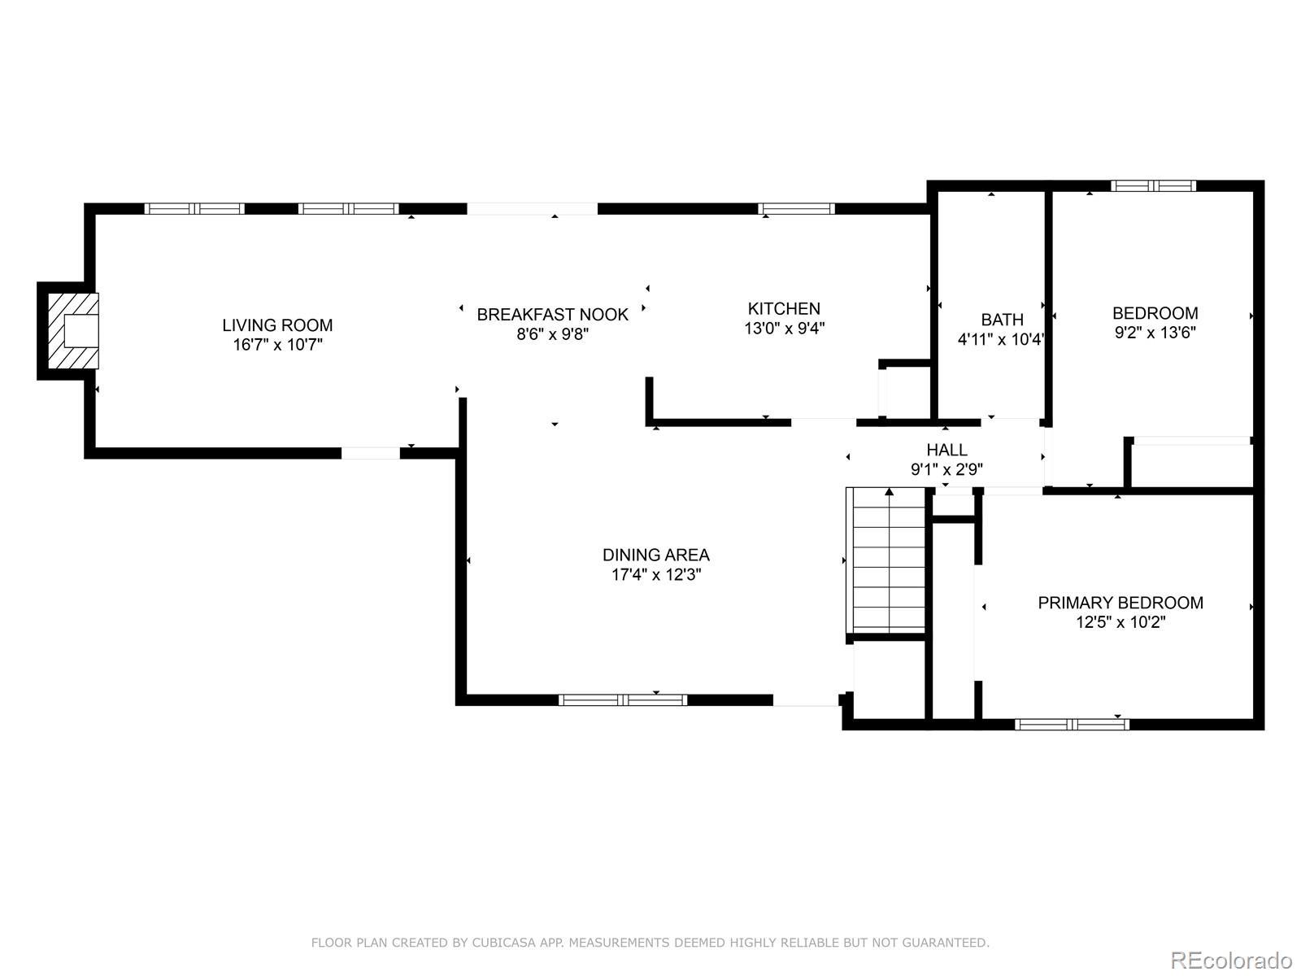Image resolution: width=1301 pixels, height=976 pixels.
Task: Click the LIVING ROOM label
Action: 277,325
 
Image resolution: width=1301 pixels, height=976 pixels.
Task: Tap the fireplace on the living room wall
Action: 73,331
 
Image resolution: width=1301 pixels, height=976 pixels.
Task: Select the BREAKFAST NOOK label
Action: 552,315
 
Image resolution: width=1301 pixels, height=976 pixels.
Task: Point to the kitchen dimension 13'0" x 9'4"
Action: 784,328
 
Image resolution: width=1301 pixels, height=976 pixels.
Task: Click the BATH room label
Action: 1003,320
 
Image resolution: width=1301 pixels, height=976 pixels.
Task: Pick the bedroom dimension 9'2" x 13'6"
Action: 1155,333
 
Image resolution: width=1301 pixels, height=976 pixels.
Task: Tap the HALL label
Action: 946,450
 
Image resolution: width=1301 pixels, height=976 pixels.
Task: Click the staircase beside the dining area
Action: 885,560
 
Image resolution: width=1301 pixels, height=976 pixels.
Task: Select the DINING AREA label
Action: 656,555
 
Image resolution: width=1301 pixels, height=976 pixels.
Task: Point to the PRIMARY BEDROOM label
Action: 1120,603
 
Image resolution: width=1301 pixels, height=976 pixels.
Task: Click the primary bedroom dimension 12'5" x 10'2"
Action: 1120,622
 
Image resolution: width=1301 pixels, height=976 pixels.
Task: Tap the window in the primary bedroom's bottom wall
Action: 1072,724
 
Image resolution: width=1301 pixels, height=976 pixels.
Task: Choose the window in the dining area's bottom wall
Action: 623,699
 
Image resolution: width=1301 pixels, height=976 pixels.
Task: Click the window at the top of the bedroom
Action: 1153,186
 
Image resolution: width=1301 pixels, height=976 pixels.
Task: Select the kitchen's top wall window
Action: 796,208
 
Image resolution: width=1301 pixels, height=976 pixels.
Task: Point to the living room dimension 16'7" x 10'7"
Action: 277,344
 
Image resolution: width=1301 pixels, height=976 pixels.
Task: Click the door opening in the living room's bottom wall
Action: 371,453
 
